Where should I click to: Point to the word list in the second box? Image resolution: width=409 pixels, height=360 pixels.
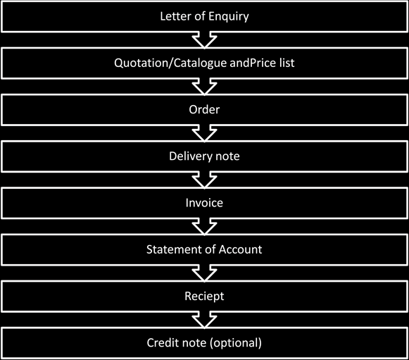(x=284, y=63)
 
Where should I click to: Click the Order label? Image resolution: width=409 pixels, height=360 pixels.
(x=204, y=109)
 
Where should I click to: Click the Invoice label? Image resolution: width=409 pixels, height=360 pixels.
(x=204, y=202)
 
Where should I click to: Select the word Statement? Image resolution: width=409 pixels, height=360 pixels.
(x=172, y=249)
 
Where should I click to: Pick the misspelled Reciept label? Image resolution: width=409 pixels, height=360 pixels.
(x=204, y=296)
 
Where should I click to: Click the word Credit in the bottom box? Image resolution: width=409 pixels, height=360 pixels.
(x=163, y=342)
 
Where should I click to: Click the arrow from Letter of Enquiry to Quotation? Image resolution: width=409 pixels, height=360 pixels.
(x=204, y=39)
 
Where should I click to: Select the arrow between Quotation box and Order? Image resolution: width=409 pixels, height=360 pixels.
(x=204, y=86)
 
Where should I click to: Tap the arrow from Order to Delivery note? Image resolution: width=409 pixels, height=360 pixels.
(x=204, y=132)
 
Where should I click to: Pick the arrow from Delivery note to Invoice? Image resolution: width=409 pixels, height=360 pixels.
(x=204, y=179)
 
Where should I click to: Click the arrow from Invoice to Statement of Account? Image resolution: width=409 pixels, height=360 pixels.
(x=204, y=225)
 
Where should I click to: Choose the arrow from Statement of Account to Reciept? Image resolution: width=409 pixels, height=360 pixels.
(x=204, y=273)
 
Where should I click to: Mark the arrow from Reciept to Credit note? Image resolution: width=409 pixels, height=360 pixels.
(x=204, y=319)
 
